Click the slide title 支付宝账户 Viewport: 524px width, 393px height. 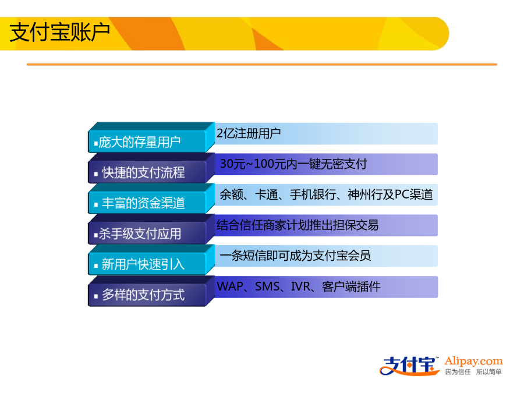[60, 32]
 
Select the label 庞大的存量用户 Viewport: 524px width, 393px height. [139, 142]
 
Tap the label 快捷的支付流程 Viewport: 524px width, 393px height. [143, 172]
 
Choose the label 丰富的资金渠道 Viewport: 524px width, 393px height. [143, 203]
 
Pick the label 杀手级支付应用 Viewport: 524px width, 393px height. [140, 233]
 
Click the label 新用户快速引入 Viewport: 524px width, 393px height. [143, 264]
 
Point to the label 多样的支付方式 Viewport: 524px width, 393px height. [143, 295]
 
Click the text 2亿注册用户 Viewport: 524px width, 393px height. [248, 133]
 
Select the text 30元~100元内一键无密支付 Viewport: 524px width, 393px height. [293, 164]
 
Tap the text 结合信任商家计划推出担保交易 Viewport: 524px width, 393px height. [298, 225]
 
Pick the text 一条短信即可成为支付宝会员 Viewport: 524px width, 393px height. [295, 256]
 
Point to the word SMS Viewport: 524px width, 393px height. [267, 286]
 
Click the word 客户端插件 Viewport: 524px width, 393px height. [351, 286]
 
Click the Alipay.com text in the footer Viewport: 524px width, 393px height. [473, 362]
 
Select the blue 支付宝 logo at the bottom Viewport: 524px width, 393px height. [409, 366]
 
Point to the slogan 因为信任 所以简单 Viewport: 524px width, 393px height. [473, 372]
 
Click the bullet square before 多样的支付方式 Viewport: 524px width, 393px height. [96, 296]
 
